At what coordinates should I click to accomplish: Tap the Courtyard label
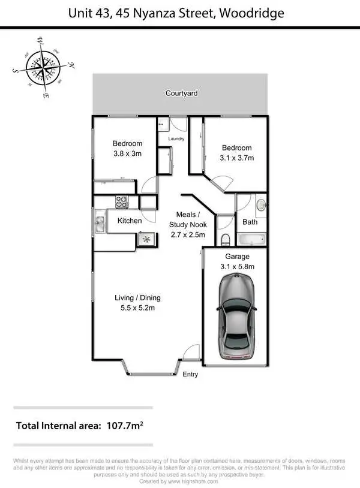182,94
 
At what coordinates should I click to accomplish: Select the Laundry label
176,139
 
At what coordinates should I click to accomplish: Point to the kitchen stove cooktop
122,201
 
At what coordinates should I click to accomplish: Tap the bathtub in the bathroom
251,240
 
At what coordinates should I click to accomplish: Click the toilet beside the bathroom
224,240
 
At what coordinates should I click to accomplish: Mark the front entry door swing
191,354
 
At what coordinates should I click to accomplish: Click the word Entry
190,375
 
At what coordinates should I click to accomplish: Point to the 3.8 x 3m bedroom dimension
128,153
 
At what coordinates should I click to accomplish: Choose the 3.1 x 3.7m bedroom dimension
236,158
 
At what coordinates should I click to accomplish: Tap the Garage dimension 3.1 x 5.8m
238,267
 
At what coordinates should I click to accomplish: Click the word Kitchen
130,221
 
